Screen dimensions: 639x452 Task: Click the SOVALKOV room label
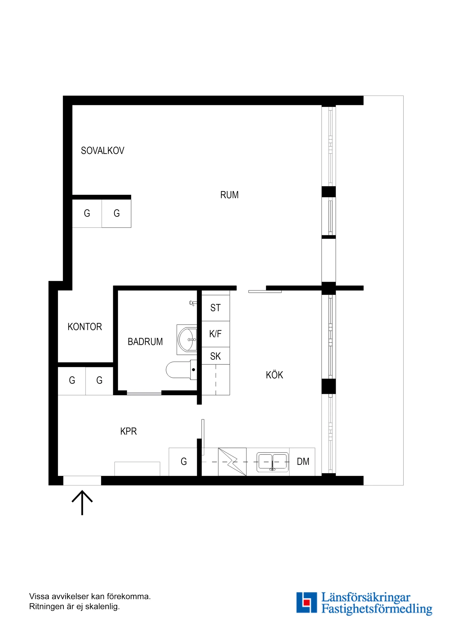tap(102, 151)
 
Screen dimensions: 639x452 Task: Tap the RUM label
tap(229, 195)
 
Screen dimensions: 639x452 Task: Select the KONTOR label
tap(85, 326)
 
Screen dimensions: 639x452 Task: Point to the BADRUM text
tap(145, 341)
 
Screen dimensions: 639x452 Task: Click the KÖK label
tap(274, 375)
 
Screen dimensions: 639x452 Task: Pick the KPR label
tap(128, 431)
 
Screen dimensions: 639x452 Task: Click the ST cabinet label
tap(215, 308)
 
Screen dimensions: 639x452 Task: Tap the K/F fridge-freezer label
tap(215, 334)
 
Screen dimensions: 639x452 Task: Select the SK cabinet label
tap(215, 356)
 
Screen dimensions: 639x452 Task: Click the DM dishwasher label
tap(303, 461)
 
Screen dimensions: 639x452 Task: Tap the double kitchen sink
tap(272, 462)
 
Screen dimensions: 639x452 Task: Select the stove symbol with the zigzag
tap(232, 462)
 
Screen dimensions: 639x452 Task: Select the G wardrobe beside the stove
tap(184, 461)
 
